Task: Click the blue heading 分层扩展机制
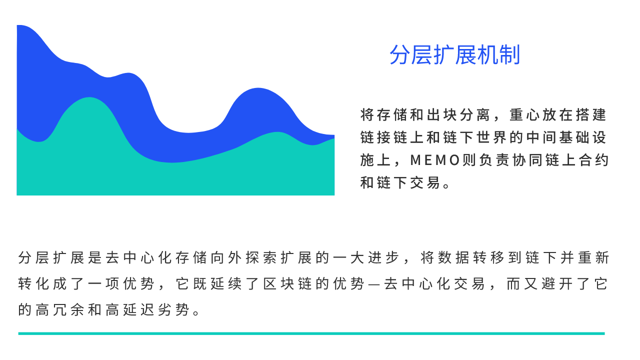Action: coord(454,54)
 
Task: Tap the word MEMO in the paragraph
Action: coord(435,160)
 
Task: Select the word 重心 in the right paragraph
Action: coord(524,115)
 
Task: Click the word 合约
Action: coord(593,160)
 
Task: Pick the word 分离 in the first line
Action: coord(474,115)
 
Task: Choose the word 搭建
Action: coord(590,115)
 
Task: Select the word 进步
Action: coord(383,257)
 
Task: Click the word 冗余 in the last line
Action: coord(68,310)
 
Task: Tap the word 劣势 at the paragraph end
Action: coord(173,310)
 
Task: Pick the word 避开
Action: coord(557,283)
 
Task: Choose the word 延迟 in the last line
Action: coord(139,310)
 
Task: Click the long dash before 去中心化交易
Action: coord(374,285)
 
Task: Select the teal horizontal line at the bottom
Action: coord(311,333)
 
